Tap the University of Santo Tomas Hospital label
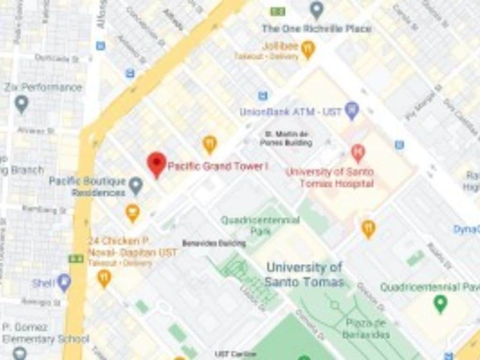(x=330, y=177)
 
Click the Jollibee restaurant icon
(x=308, y=49)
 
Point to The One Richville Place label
(x=316, y=29)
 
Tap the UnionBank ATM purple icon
(x=352, y=111)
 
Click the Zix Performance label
(x=43, y=88)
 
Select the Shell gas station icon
(x=64, y=283)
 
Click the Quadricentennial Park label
(x=260, y=225)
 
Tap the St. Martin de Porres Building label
(x=286, y=138)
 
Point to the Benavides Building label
(x=214, y=243)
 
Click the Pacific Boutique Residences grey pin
(x=136, y=186)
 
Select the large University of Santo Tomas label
(x=304, y=274)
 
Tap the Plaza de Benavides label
(x=366, y=328)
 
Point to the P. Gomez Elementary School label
(x=45, y=333)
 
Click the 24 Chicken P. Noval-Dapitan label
(x=133, y=247)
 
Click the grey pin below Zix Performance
(x=22, y=104)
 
